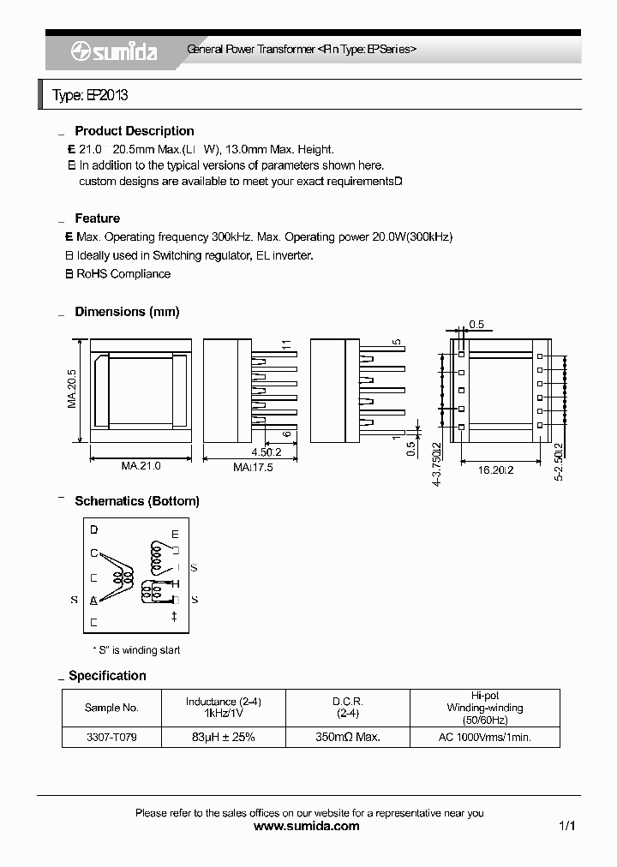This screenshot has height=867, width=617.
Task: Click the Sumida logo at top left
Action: [114, 51]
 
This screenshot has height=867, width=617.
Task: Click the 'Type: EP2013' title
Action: [90, 95]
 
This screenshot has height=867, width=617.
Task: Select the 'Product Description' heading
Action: [135, 131]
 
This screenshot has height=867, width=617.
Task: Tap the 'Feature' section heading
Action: [97, 218]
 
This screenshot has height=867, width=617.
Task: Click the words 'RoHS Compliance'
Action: [123, 274]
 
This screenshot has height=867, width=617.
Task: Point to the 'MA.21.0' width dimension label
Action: [141, 466]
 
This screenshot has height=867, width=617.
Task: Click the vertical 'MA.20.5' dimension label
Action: [73, 389]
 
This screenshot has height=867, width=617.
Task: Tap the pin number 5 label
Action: [397, 343]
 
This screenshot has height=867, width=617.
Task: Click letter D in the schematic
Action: [93, 529]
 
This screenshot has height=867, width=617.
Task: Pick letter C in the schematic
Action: [93, 553]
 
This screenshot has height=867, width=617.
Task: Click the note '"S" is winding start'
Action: [136, 650]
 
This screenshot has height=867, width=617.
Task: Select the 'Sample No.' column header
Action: [111, 708]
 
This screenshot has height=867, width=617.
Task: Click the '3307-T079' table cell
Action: [111, 737]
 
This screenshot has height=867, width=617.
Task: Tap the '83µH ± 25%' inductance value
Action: [223, 737]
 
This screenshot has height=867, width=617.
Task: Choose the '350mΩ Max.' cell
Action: [347, 737]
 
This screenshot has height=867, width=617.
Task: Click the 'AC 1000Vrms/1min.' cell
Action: [484, 737]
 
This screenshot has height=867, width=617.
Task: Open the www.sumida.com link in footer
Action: [308, 827]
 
